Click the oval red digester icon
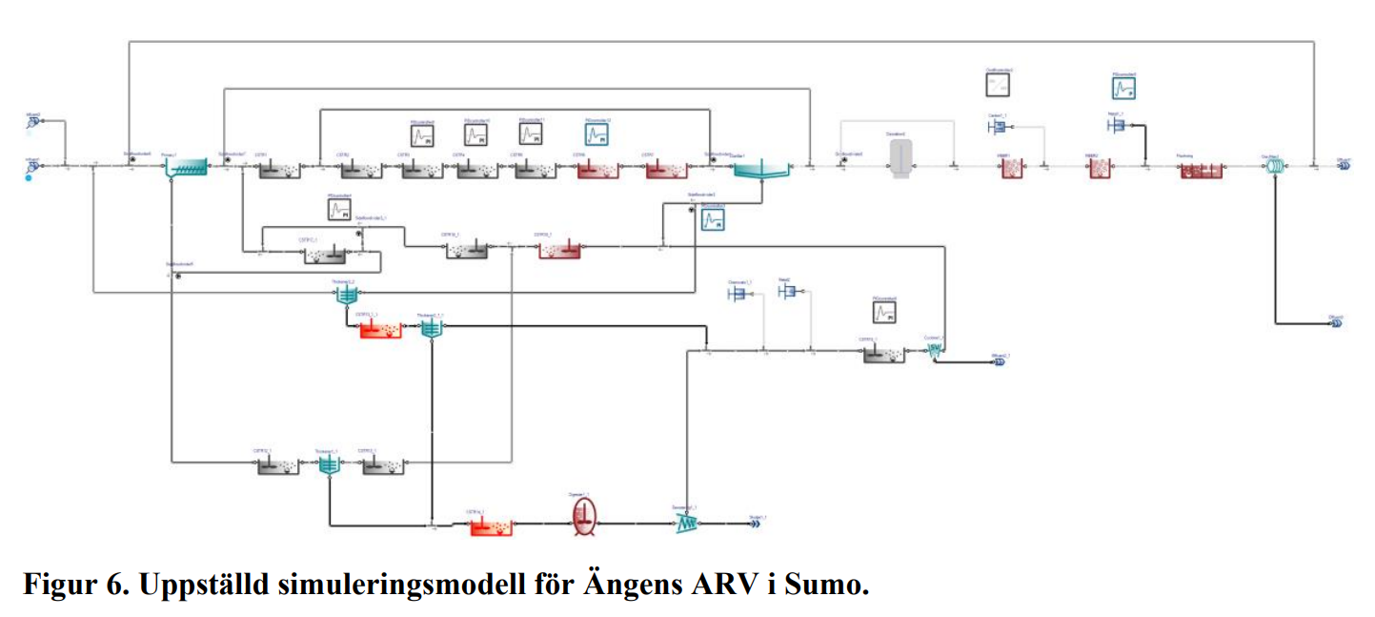(584, 516)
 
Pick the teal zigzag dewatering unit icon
(688, 523)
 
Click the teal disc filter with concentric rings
(1274, 166)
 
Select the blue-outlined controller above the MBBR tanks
(1123, 88)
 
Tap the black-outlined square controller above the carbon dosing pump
(999, 85)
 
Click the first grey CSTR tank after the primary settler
(278, 169)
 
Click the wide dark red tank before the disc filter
(1201, 169)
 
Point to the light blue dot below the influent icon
(29, 177)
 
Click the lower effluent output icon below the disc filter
(1336, 323)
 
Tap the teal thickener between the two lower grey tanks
(328, 464)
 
